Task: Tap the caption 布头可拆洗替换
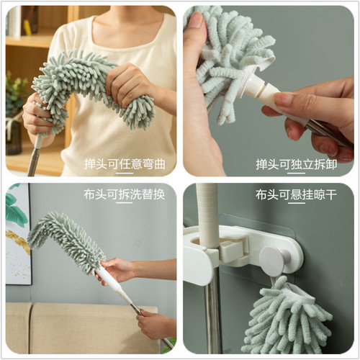125,194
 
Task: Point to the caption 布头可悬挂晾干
297,194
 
